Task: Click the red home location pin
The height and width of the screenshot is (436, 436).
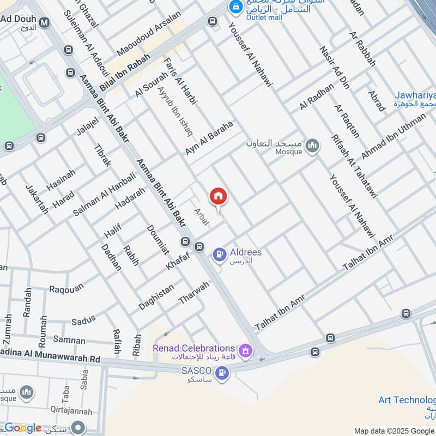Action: pos(218,197)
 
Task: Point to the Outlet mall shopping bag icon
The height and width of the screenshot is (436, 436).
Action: pos(235,7)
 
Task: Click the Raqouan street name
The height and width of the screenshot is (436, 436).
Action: pos(66,288)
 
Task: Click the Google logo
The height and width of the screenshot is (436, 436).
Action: pos(23,428)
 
